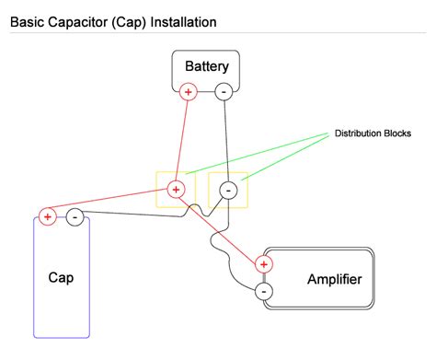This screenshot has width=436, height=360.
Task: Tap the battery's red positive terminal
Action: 189,91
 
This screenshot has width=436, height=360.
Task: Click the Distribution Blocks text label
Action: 373,134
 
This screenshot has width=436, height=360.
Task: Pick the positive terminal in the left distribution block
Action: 178,190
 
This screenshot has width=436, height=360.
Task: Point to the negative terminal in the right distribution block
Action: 229,190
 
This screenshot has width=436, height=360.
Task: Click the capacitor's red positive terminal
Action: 48,217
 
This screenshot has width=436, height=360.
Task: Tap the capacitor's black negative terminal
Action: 75,217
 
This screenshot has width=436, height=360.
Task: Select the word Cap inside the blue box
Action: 62,277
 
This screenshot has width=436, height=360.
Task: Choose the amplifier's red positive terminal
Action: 265,265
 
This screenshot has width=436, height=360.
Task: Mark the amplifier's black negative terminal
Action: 264,291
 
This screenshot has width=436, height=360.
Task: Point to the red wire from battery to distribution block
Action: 184,138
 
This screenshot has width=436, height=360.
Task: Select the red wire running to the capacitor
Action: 110,204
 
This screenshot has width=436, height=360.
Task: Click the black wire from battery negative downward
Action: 226,138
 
